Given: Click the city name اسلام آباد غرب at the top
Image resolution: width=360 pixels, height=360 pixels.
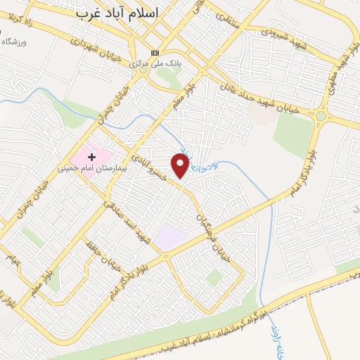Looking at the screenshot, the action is [117, 13].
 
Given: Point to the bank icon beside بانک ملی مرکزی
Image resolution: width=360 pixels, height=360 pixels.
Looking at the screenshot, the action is [155, 53].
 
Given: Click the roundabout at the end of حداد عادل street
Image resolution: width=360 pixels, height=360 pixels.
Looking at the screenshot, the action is [321, 115].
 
